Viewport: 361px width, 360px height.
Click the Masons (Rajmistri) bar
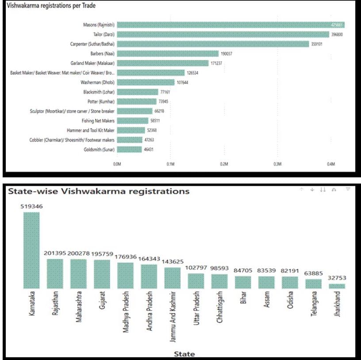(x=230, y=25)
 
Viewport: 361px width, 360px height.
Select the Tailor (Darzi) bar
(x=223, y=34)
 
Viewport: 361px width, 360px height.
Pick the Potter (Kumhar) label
(x=102, y=101)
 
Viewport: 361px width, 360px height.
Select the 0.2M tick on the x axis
(x=224, y=164)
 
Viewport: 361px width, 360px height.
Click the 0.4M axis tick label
(x=331, y=164)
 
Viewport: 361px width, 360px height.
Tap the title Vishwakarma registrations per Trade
(x=51, y=6)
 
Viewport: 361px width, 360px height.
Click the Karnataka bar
(x=31, y=250)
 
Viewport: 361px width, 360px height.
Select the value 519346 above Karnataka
(x=31, y=206)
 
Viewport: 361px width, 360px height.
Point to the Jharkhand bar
(x=337, y=286)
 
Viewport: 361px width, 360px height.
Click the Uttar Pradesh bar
(x=196, y=281)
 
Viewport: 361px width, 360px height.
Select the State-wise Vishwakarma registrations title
(x=98, y=191)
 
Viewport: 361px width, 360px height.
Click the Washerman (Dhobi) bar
(x=146, y=82)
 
